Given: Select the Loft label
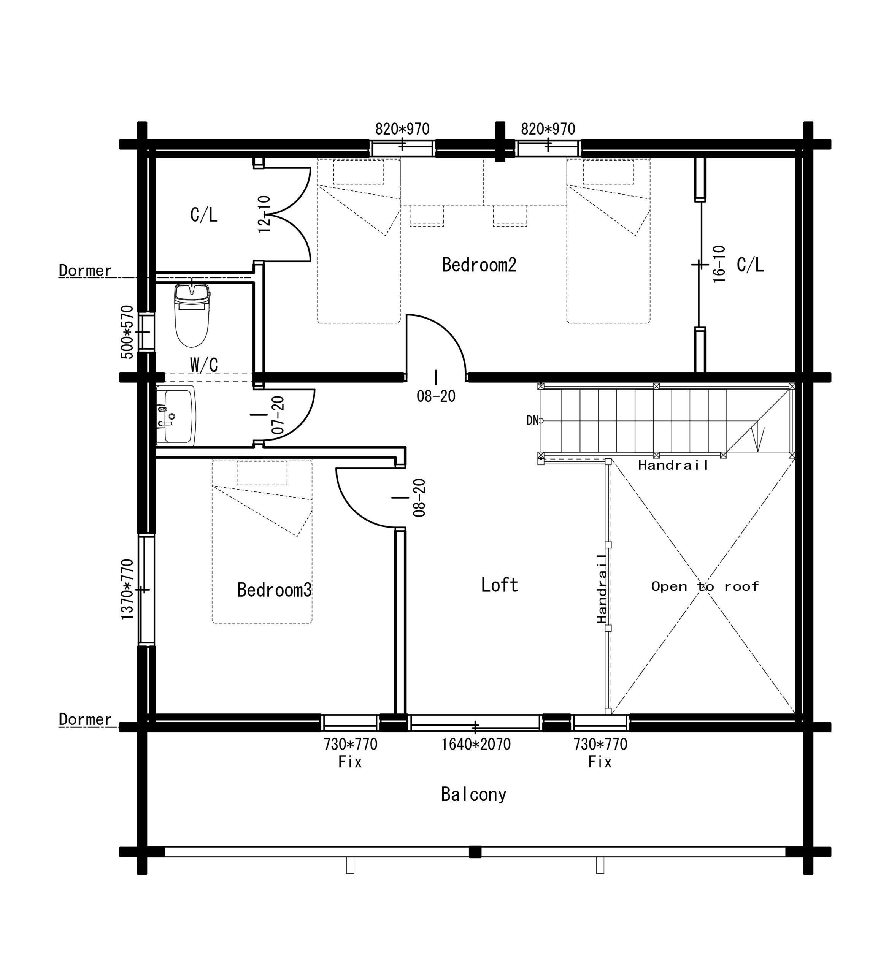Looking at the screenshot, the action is coord(500,585).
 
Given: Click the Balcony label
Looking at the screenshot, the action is coord(474,794).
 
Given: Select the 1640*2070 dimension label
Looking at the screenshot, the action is coord(476,744).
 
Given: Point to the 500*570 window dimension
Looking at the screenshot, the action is coord(127,332).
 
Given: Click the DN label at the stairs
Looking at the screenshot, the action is coord(532,420).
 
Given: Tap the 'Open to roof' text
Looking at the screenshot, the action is coord(705,586).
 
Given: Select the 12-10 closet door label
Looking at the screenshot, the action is coord(264,214).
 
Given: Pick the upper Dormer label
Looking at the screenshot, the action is coord(85,271).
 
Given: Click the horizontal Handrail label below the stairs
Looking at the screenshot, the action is coord(673,465).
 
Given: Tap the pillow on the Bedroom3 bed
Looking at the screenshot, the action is coord(262,473).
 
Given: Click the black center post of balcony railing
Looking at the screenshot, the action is coord(475,852).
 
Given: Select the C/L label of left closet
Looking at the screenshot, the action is coord(204,215).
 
